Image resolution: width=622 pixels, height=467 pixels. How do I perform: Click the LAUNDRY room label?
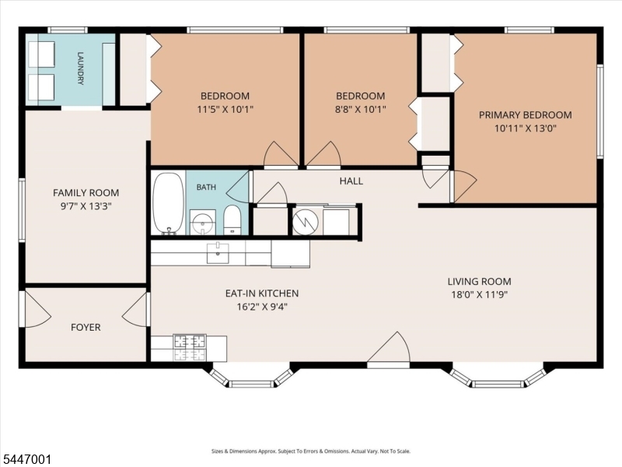click(x=81, y=68)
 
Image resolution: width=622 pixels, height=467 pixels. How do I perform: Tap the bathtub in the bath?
click(x=169, y=203)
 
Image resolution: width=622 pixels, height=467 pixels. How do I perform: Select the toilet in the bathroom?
click(x=231, y=220)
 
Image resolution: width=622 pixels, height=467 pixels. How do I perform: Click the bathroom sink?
click(x=203, y=223)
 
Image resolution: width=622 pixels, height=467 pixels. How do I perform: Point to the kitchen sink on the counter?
click(x=218, y=253)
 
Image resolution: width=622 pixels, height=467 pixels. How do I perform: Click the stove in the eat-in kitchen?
click(x=190, y=348)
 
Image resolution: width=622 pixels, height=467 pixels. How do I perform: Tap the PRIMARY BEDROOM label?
click(x=526, y=115)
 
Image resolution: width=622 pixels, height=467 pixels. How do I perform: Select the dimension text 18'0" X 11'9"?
click(x=480, y=295)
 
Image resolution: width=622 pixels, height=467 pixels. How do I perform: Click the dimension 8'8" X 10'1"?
click(x=361, y=109)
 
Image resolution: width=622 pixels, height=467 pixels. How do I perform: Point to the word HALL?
click(x=351, y=181)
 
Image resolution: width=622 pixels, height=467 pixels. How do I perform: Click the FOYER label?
click(x=86, y=327)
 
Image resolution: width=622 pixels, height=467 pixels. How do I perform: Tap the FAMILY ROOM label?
click(x=86, y=192)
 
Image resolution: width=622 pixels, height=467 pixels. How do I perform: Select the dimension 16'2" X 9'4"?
click(x=262, y=307)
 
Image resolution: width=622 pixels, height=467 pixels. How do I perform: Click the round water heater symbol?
click(x=306, y=222)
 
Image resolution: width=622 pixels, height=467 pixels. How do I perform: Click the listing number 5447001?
click(x=26, y=460)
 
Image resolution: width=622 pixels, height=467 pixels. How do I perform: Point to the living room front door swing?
click(x=388, y=348)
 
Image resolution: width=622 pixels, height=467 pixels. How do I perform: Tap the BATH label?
click(x=206, y=187)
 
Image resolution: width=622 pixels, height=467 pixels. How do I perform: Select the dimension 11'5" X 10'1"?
click(x=225, y=109)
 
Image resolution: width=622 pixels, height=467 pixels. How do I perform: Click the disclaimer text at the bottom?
click(x=311, y=451)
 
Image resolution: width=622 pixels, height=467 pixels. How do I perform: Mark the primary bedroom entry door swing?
click(x=465, y=186)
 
